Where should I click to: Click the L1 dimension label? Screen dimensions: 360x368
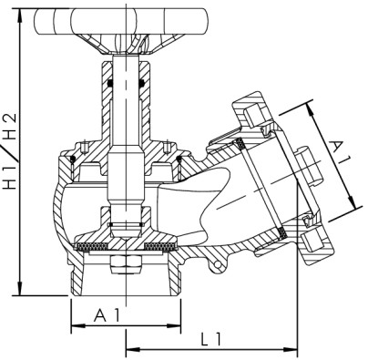point(211,338)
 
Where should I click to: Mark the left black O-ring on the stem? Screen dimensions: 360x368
point(109,83)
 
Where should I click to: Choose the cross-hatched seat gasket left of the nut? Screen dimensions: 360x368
point(91,246)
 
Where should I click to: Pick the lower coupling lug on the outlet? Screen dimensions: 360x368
point(313,240)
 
